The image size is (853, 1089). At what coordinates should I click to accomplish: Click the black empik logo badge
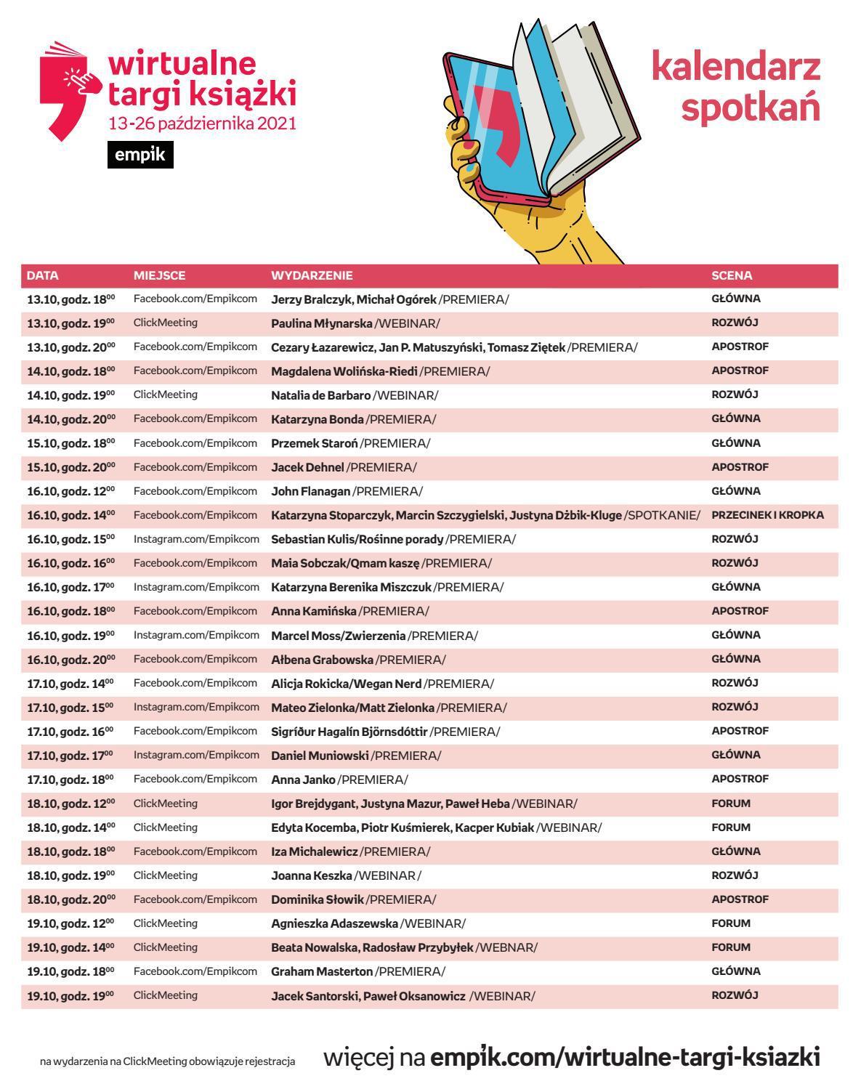pos(140,155)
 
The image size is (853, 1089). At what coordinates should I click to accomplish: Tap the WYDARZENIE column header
pos(312,275)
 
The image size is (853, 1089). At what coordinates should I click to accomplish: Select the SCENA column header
pos(732,275)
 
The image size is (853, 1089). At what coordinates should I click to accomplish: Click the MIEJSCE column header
pos(159,275)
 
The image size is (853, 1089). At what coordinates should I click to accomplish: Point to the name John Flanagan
pos(311,491)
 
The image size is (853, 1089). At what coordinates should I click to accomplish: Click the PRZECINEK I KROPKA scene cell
pos(767,515)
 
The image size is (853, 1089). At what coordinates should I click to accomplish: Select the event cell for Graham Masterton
pos(358,971)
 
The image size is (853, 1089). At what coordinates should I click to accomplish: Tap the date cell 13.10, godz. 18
pos(70,299)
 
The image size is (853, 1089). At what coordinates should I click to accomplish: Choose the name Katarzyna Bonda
pos(318,419)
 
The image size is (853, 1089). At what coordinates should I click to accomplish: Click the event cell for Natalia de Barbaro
pos(355,395)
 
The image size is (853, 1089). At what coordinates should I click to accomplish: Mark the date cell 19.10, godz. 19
pos(70,995)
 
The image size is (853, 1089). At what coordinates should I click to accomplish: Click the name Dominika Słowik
pos(318,899)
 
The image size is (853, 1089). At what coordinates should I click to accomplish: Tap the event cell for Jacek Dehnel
pos(344,467)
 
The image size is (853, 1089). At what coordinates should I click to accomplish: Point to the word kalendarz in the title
pos(735,67)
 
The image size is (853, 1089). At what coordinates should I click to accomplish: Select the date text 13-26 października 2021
pos(202,124)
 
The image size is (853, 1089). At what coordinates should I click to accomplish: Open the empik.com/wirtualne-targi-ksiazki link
pos(625,1056)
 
